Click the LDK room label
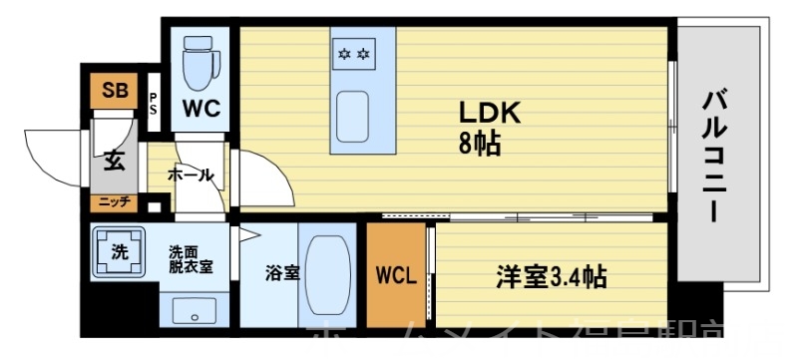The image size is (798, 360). pyautogui.click(x=489, y=113)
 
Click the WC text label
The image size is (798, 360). pyautogui.click(x=199, y=105)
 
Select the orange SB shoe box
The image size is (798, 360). pyautogui.click(x=115, y=91)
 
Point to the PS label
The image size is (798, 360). pyautogui.click(x=154, y=104)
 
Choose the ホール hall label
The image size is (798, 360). pyautogui.click(x=190, y=176)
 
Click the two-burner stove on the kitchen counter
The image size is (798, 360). pyautogui.click(x=354, y=51)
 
